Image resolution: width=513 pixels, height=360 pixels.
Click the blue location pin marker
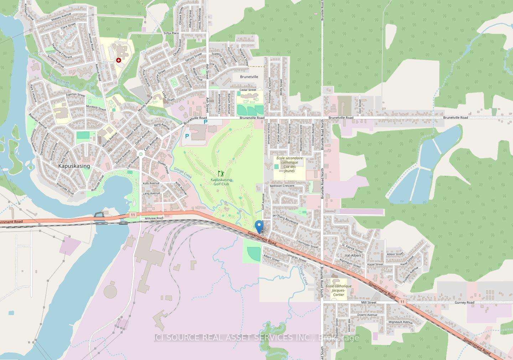259,226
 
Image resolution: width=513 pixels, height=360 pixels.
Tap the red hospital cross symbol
118,61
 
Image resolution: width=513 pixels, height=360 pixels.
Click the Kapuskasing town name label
74,166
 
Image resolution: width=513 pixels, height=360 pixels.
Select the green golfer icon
221,174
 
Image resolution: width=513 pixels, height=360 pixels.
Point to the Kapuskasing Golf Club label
221,182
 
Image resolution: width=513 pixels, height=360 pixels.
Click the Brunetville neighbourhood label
249,77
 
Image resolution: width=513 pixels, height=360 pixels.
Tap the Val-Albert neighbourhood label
353,256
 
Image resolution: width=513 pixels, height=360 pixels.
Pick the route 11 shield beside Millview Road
133,215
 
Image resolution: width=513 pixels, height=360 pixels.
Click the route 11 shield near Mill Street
402,302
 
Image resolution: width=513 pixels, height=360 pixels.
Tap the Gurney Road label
465,303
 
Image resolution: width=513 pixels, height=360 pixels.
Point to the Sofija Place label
171,33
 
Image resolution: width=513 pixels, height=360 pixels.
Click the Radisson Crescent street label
282,186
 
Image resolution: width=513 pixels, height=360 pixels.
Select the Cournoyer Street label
307,244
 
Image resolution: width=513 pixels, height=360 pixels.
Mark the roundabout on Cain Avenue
141,154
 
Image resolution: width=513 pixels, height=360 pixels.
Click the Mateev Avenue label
61,17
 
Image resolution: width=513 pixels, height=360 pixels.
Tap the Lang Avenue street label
151,194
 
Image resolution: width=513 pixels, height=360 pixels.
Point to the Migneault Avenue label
400,322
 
